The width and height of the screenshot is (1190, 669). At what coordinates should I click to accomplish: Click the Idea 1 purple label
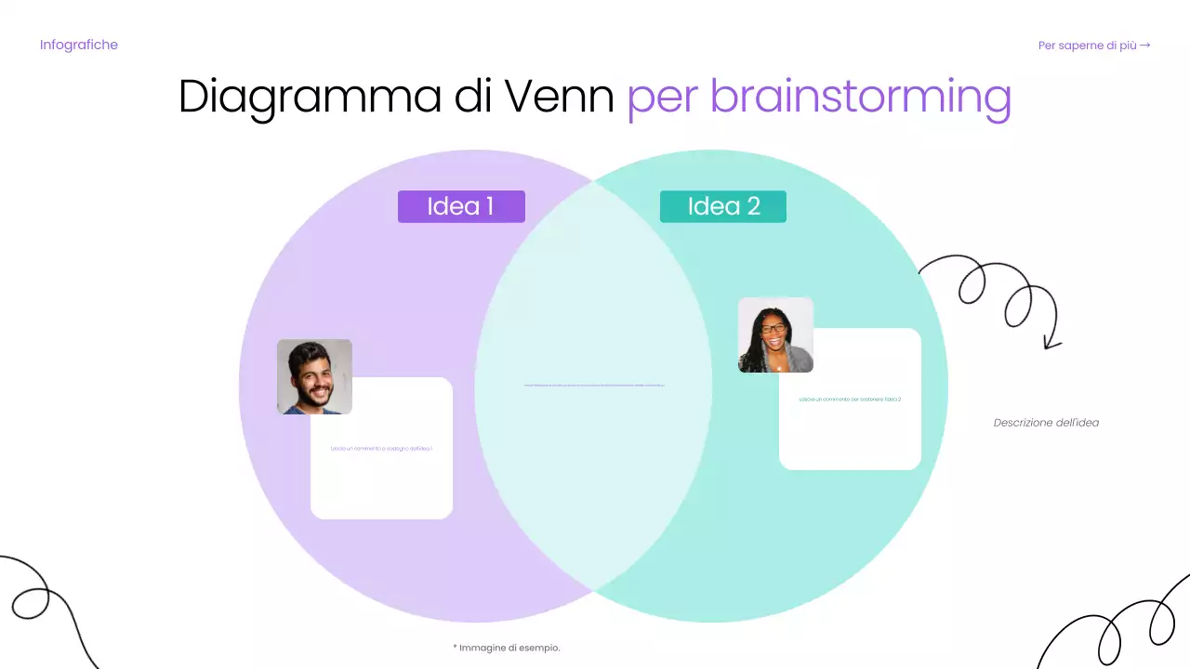tap(461, 206)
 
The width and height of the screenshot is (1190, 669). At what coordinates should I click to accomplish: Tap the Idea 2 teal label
tap(722, 206)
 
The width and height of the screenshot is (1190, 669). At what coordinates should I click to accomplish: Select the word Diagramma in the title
tap(303, 98)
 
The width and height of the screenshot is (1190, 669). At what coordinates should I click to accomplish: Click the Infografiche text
tap(79, 45)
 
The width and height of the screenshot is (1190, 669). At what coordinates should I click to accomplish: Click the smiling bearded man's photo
tap(314, 376)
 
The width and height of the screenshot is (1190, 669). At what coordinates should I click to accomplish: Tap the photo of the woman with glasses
tap(775, 334)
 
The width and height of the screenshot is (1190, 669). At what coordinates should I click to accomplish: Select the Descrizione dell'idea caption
tap(1046, 423)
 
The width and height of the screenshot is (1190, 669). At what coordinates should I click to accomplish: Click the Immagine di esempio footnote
tap(507, 648)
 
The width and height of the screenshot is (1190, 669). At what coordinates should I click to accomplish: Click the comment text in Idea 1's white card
tap(381, 449)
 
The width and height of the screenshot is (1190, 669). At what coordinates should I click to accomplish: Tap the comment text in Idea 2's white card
tap(850, 400)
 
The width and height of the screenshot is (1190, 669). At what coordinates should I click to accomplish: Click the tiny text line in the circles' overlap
tap(594, 385)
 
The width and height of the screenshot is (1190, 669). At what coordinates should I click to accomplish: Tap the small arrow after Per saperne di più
tap(1145, 45)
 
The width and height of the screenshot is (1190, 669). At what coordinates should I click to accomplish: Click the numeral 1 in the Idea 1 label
tap(489, 206)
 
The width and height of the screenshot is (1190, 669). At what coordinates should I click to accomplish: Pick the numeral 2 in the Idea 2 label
tap(752, 206)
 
